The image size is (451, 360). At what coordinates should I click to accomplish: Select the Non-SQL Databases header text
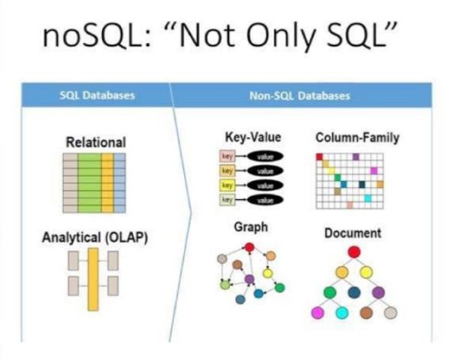(300, 96)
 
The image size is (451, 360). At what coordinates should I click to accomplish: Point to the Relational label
(95, 141)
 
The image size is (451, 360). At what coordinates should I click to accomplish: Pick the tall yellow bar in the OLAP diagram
(93, 279)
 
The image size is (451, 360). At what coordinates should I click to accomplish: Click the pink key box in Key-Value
(229, 157)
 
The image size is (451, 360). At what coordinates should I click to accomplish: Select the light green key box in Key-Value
(229, 200)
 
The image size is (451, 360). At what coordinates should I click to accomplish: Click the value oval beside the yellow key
(264, 186)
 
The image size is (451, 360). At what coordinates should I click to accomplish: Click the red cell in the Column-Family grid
(319, 156)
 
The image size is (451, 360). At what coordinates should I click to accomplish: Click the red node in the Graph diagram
(248, 248)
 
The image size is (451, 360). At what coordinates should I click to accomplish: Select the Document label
(353, 233)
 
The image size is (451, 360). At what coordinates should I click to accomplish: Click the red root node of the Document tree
(354, 252)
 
